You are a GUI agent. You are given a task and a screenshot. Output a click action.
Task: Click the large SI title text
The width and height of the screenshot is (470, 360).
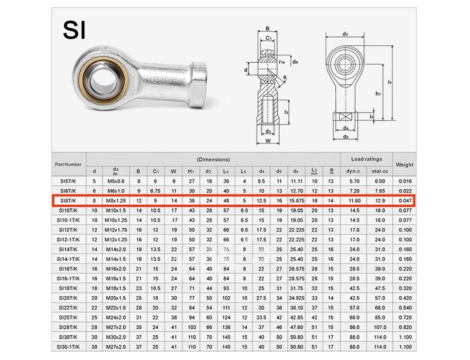point(75,30)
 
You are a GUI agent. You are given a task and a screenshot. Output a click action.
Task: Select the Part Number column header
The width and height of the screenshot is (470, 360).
point(68,165)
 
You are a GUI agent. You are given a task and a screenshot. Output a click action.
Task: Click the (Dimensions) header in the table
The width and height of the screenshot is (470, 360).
point(213,159)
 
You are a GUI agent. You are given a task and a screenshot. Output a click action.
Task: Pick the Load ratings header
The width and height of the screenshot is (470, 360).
point(366,159)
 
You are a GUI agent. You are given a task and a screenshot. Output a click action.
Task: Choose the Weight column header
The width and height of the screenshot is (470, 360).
point(405,165)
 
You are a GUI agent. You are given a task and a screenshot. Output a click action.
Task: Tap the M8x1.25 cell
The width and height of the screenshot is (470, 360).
point(115,201)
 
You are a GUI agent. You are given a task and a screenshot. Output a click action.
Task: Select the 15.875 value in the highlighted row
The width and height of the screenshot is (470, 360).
point(296,201)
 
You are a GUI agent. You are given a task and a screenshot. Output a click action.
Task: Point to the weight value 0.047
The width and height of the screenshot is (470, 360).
point(405,201)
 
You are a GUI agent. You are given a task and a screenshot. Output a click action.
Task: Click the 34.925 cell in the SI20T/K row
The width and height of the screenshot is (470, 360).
point(296,298)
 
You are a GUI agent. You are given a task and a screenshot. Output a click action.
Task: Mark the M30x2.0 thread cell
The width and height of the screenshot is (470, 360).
point(115,337)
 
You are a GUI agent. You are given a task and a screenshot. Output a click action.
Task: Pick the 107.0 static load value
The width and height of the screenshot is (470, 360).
point(379,327)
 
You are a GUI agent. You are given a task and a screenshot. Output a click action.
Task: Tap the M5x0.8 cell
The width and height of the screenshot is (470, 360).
point(115,181)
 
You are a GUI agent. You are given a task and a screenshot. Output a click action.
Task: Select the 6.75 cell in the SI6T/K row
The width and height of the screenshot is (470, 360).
point(155,191)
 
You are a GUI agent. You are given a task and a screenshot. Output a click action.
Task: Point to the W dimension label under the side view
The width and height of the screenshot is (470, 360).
point(268,141)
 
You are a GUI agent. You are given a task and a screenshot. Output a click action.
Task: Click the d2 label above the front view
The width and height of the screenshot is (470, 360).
point(346,34)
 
